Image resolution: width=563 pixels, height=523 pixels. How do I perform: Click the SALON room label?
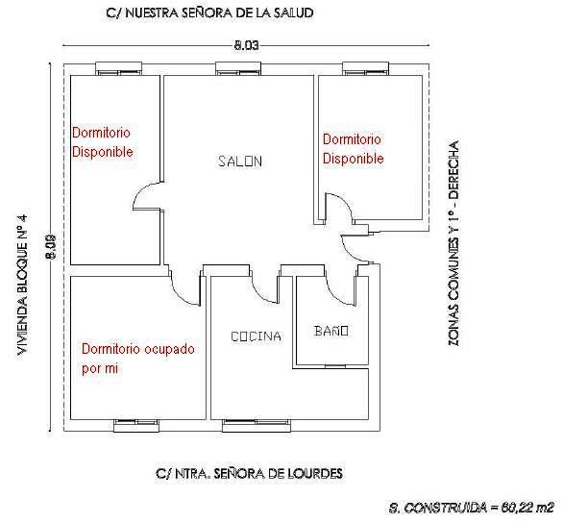pyautogui.click(x=239, y=162)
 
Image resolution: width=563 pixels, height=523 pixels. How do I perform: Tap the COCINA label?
pyautogui.click(x=256, y=336)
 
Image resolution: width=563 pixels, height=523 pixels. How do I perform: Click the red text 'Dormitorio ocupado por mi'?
pyautogui.click(x=138, y=357)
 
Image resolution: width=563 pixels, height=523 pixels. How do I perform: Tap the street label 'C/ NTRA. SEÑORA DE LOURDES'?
pyautogui.click(x=248, y=474)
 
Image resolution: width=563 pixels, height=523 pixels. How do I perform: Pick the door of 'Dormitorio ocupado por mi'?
pyautogui.click(x=183, y=286)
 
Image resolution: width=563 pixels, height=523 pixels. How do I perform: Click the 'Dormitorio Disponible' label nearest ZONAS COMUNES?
pyautogui.click(x=353, y=149)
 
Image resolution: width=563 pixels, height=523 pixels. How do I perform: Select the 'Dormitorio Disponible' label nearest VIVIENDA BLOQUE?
pyautogui.click(x=102, y=142)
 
